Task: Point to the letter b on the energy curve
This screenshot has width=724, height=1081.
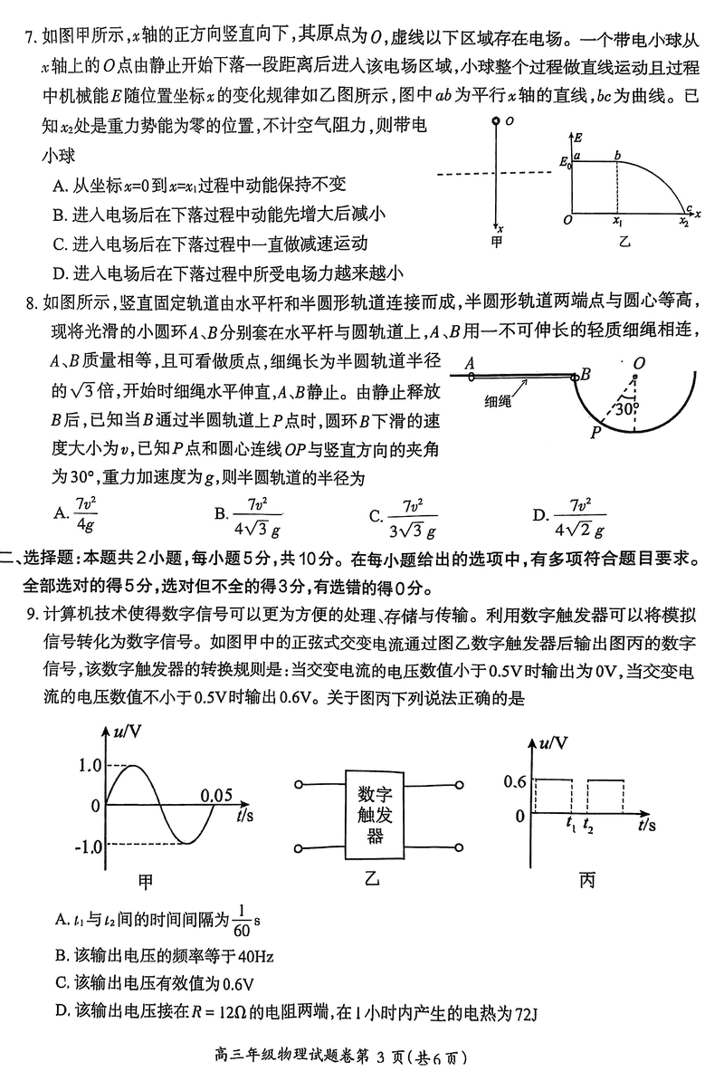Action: pos(617,155)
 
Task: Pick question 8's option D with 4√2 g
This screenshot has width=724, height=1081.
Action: pos(579,516)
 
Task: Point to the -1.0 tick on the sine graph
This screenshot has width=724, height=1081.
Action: pos(87,846)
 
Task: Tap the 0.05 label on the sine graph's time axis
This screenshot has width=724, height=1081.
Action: pos(217,796)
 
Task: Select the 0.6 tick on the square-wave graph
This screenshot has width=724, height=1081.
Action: pos(513,779)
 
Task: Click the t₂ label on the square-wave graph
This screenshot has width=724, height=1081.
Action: pos(589,826)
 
